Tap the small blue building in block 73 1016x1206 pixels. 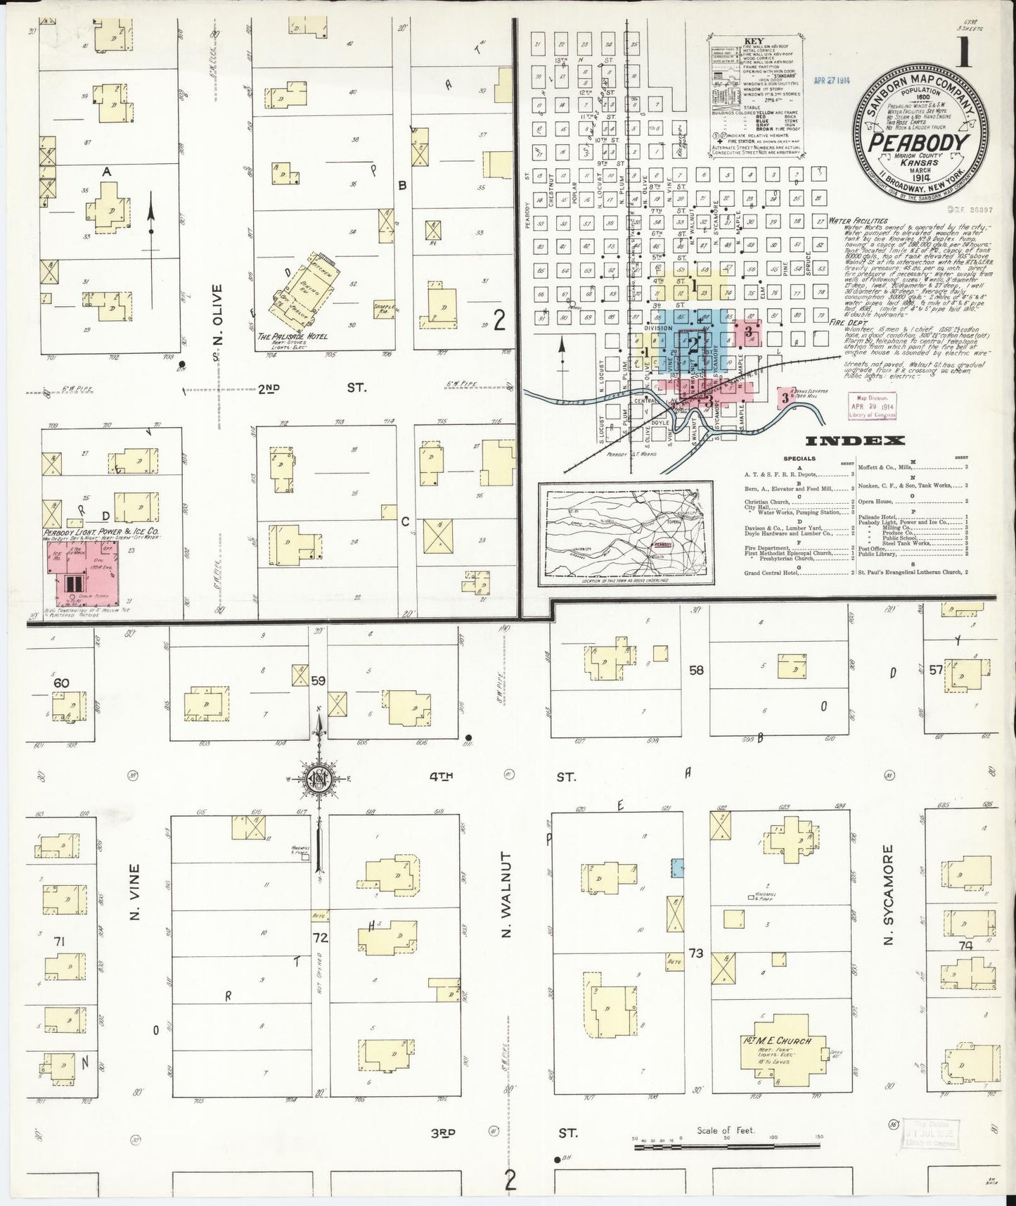click(678, 868)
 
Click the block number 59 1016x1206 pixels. click(319, 681)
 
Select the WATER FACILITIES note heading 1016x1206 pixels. click(853, 220)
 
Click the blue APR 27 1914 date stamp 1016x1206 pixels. click(831, 80)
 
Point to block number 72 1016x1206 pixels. click(321, 937)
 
